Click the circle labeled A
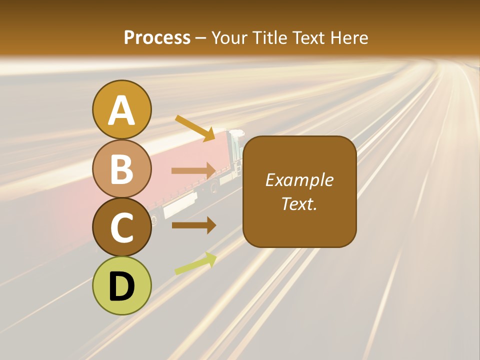(122, 109)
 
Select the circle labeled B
(122, 168)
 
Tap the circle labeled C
(122, 226)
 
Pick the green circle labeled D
(122, 285)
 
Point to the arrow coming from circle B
(193, 171)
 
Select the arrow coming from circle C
(193, 225)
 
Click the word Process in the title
(157, 37)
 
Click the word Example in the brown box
(299, 180)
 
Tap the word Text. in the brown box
(299, 203)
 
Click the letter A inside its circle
(122, 110)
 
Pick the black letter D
(122, 286)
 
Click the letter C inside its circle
(122, 227)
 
